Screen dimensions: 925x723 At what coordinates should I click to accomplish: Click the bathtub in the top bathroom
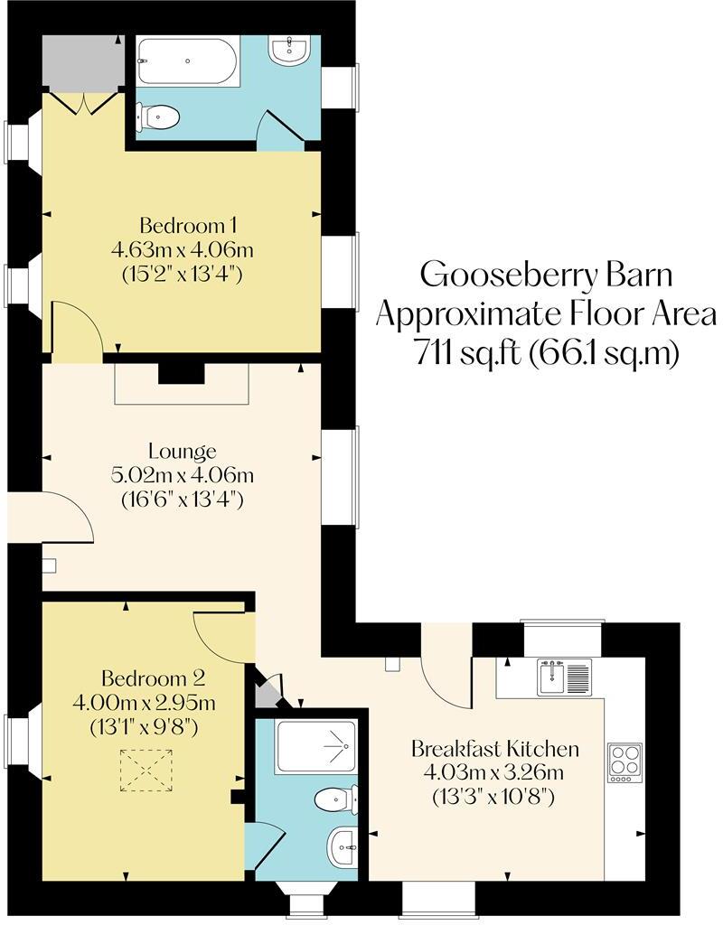[x=188, y=62]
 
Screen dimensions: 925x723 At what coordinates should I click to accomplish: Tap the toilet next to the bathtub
[x=158, y=117]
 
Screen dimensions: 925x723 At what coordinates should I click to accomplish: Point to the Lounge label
[x=183, y=451]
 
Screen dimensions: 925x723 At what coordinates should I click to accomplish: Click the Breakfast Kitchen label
[x=494, y=749]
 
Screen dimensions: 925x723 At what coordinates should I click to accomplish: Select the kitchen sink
[x=564, y=677]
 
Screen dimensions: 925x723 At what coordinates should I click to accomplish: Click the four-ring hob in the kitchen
[x=624, y=761]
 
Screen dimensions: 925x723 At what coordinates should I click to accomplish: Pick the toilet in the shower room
[x=337, y=799]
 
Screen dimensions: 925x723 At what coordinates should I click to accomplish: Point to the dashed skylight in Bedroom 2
[x=145, y=770]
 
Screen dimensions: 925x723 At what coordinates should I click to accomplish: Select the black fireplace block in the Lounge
[x=181, y=373]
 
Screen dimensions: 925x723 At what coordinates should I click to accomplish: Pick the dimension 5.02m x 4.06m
[x=183, y=474]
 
